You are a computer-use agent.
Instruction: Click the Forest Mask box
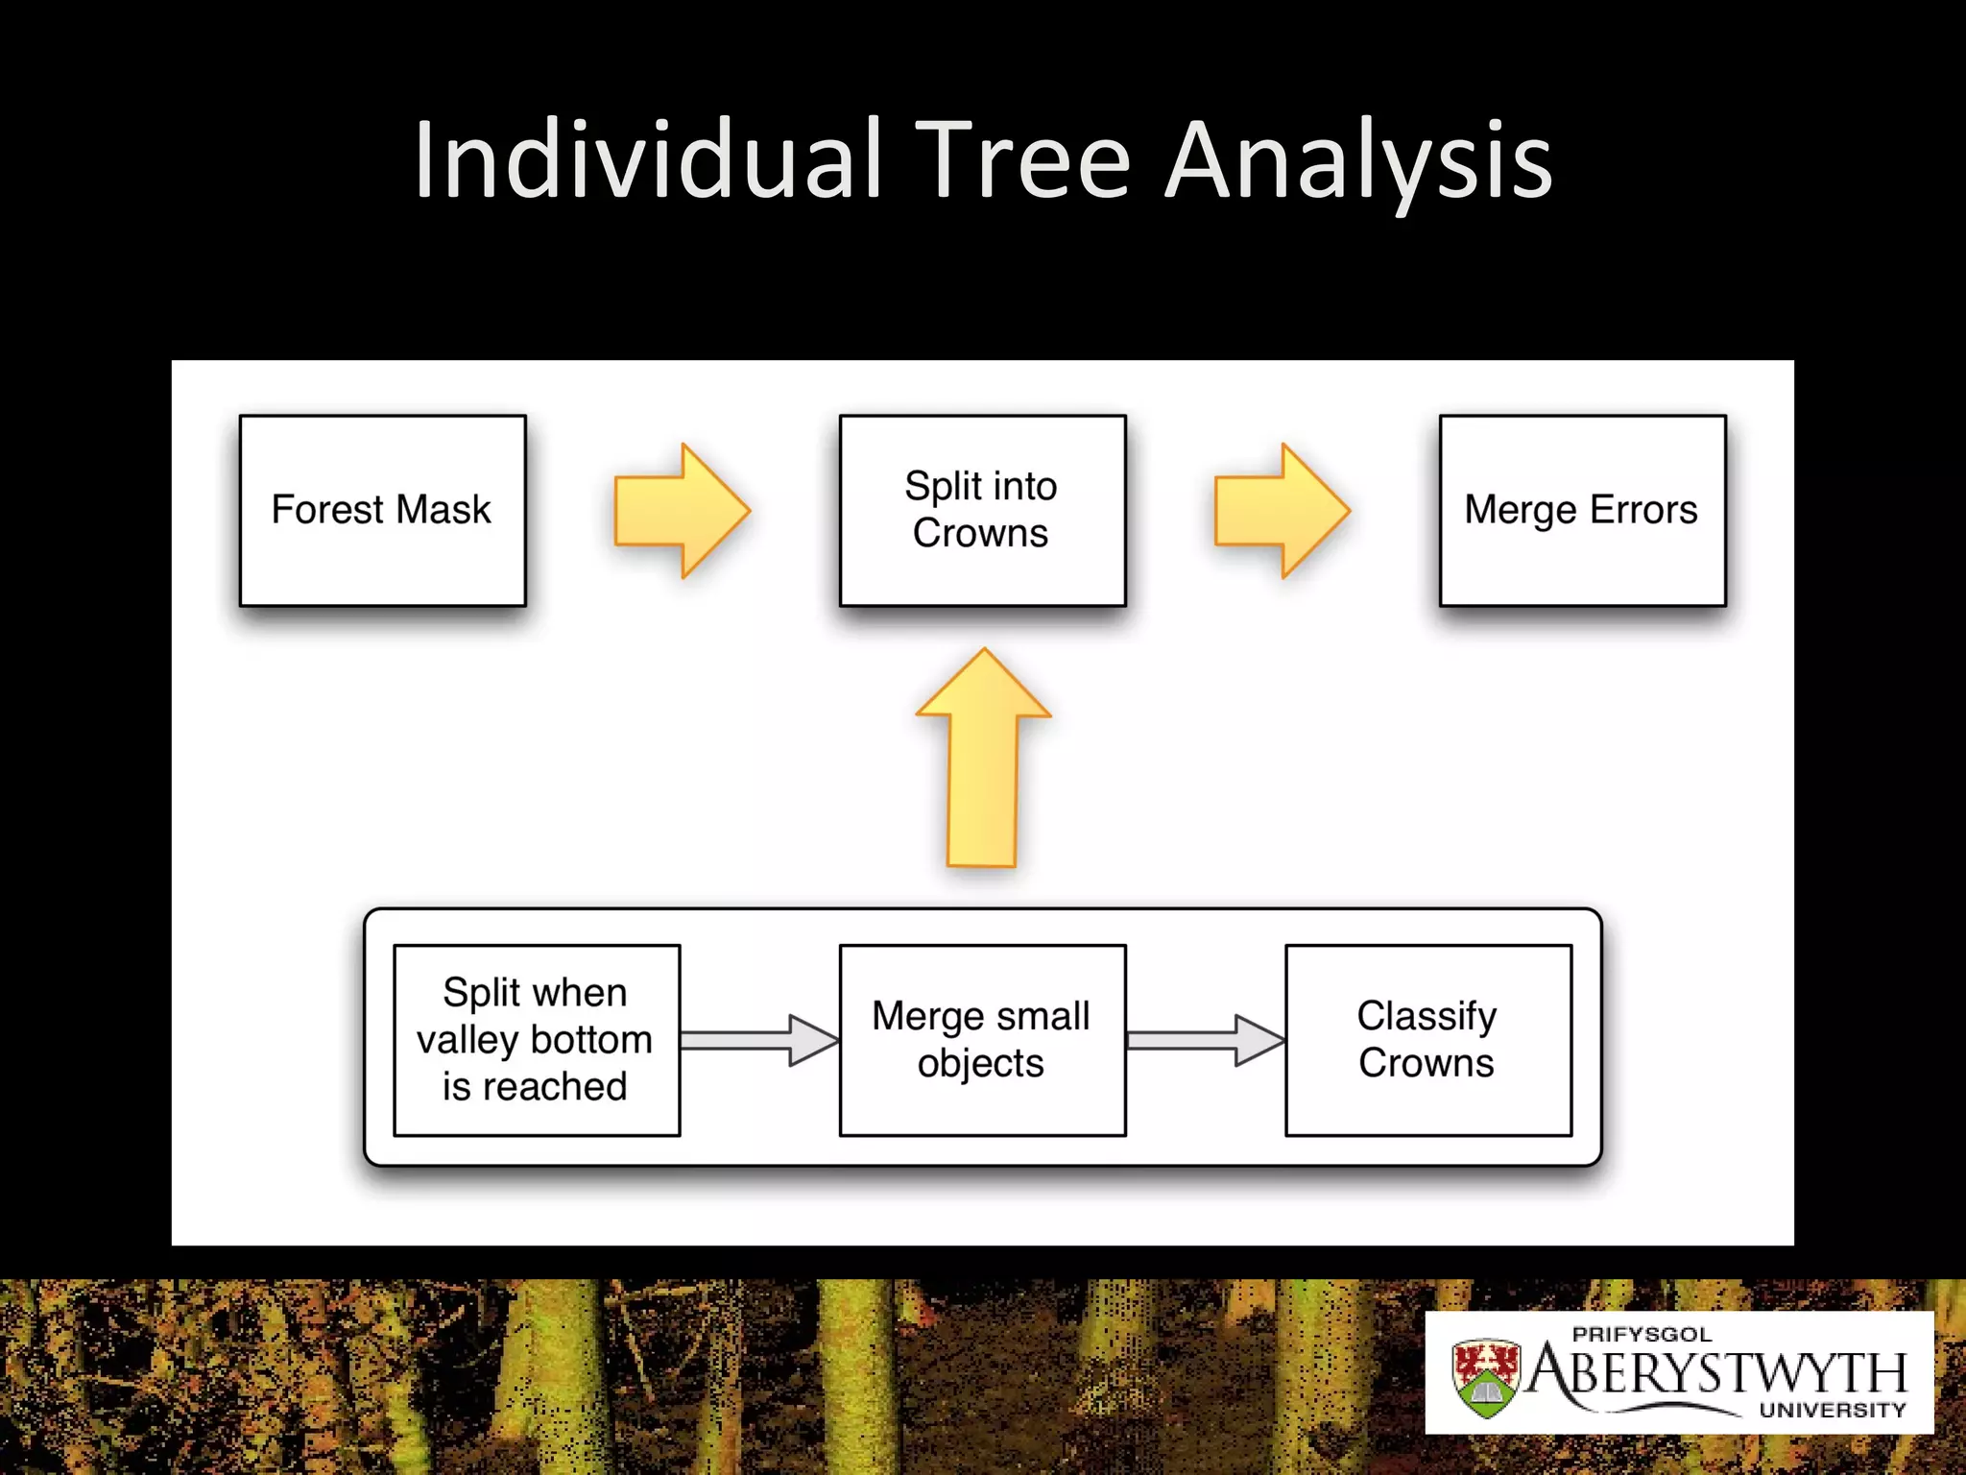pyautogui.click(x=382, y=510)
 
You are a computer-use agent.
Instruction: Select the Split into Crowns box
pyautogui.click(x=982, y=510)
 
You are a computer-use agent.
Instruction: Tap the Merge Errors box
pyautogui.click(x=1582, y=510)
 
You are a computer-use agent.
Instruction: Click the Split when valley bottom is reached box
pyautogui.click(x=537, y=1040)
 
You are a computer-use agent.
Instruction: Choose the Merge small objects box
pyautogui.click(x=982, y=1040)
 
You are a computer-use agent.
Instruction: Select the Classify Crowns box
pyautogui.click(x=1427, y=1040)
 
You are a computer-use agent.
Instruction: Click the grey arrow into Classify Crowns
pyautogui.click(x=1206, y=1040)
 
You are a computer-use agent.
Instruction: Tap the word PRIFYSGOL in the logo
pyautogui.click(x=1642, y=1334)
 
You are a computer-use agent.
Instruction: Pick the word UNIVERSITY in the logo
pyautogui.click(x=1832, y=1410)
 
